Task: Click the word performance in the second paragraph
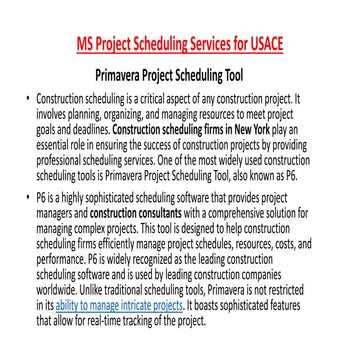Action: [58, 254]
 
